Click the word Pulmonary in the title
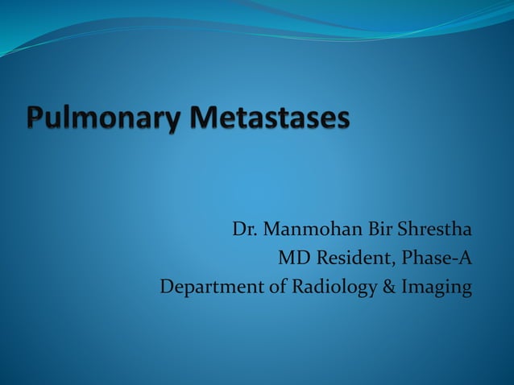(x=105, y=119)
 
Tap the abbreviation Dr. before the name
(x=246, y=230)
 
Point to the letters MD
(x=292, y=259)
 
